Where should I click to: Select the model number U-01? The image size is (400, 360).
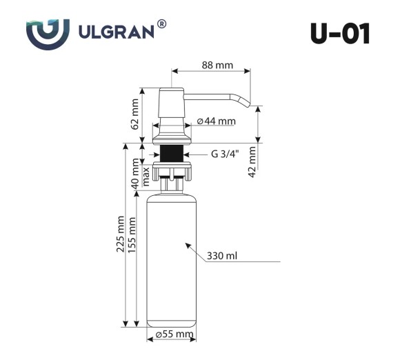tap(339, 32)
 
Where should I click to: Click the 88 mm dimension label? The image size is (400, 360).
tap(217, 66)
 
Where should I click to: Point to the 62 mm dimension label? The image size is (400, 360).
tap(135, 114)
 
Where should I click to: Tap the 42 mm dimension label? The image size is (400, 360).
tap(252, 162)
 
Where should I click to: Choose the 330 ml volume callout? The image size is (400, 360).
tap(222, 256)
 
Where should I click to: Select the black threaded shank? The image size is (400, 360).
tap(171, 154)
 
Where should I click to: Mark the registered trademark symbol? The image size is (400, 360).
tap(161, 24)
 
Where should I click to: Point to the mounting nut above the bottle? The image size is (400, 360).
tap(171, 170)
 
